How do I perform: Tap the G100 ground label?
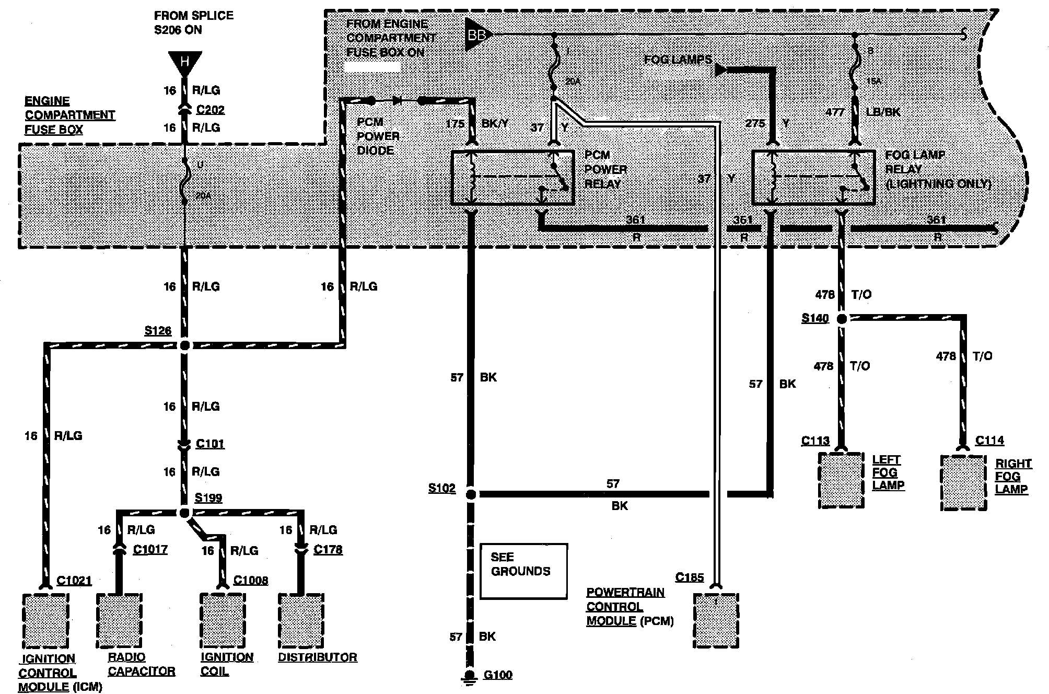497,675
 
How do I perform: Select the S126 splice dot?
184,345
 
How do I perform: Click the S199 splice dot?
184,513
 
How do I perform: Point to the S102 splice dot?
471,494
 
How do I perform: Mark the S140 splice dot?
842,318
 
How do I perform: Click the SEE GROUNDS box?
523,571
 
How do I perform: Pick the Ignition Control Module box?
46,620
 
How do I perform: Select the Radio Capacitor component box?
119,620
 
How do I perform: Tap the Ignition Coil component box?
223,620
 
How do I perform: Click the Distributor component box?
301,620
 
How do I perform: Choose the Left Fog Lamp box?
841,480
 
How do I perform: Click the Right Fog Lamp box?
963,483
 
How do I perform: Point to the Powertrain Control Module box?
716,620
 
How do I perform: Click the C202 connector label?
210,110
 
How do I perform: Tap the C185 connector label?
689,577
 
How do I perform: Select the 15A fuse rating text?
873,82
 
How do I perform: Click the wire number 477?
835,112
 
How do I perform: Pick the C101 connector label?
210,444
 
